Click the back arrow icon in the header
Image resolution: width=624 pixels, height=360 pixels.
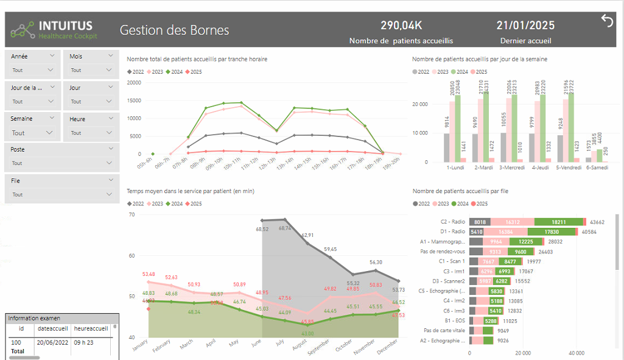coord(607,21)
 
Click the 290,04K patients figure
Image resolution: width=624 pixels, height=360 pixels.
coord(401,25)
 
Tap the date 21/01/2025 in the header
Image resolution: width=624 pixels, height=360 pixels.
coord(525,25)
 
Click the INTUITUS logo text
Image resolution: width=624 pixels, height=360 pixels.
coord(66,26)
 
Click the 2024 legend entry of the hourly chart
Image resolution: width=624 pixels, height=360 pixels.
coord(174,72)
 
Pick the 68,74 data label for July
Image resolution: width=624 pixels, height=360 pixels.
coord(284,228)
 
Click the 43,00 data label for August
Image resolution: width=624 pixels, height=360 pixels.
coord(307,333)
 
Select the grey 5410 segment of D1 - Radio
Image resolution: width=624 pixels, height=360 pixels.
coord(477,231)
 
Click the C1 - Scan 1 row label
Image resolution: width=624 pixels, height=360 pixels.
coord(452,261)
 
